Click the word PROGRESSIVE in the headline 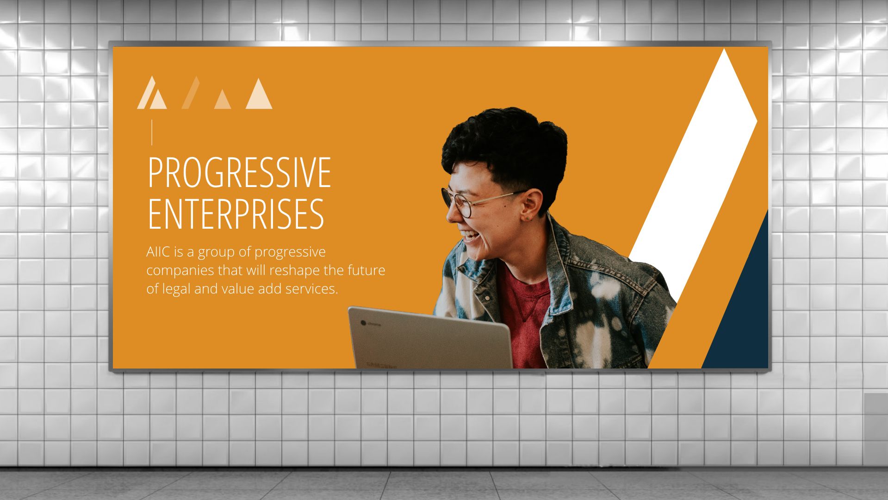[239, 172]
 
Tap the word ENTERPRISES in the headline [236, 213]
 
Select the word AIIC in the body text [159, 252]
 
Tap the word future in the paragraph [366, 270]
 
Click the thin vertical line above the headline [152, 132]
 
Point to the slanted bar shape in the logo [191, 93]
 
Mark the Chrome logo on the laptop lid [363, 322]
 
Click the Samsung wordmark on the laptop [382, 365]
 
